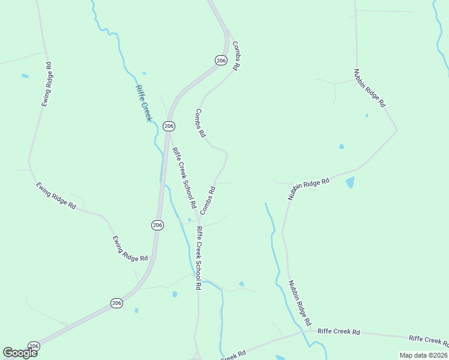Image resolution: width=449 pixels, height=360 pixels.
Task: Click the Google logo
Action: coord(20,353)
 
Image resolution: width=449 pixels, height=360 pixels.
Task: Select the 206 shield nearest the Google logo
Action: coord(34,346)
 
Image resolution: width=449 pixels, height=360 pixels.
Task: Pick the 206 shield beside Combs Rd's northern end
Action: coord(221,60)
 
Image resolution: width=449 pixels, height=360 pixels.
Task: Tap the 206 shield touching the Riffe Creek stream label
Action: coord(169,126)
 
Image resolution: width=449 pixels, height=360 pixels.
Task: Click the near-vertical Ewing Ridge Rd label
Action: coord(47,84)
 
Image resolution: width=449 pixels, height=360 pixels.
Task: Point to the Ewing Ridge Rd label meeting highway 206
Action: coord(130,248)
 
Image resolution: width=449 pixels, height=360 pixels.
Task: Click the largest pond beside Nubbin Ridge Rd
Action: coord(350,182)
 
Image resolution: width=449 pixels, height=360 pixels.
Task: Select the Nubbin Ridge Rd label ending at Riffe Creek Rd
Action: coord(300,304)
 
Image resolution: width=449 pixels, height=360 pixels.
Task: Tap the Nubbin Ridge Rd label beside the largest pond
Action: coord(309,188)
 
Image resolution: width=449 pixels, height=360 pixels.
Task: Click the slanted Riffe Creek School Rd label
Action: coord(184,178)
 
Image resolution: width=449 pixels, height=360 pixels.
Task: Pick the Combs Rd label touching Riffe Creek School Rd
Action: coord(208,200)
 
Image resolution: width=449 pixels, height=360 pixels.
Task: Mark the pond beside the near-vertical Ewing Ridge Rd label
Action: coord(25,76)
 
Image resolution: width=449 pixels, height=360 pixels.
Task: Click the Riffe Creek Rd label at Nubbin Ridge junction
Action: coord(339,331)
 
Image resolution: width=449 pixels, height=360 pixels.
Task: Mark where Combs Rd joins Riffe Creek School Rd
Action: coord(198,221)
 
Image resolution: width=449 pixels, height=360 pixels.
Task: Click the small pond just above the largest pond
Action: coord(342,146)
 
